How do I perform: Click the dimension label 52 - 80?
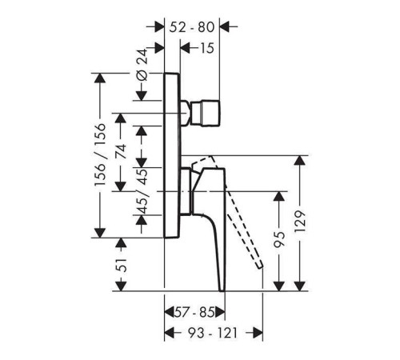pyautogui.click(x=192, y=27)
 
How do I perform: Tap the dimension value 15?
pyautogui.click(x=206, y=48)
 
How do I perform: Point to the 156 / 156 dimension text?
pyautogui.click(x=101, y=154)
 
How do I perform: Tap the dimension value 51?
pyautogui.click(x=122, y=265)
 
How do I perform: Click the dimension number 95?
pyautogui.click(x=279, y=240)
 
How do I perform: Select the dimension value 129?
pyautogui.click(x=301, y=222)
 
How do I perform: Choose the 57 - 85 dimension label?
pyautogui.click(x=194, y=312)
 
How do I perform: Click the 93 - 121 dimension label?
pyautogui.click(x=213, y=333)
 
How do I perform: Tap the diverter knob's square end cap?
pyautogui.click(x=210, y=113)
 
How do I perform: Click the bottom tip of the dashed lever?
pyautogui.click(x=261, y=266)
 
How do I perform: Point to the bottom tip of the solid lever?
pyautogui.click(x=222, y=290)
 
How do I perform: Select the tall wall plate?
pyautogui.click(x=172, y=155)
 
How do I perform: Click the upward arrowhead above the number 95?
pyautogui.click(x=279, y=197)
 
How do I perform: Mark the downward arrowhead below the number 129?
pyautogui.click(x=301, y=286)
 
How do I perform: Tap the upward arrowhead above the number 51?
pyautogui.click(x=122, y=243)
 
